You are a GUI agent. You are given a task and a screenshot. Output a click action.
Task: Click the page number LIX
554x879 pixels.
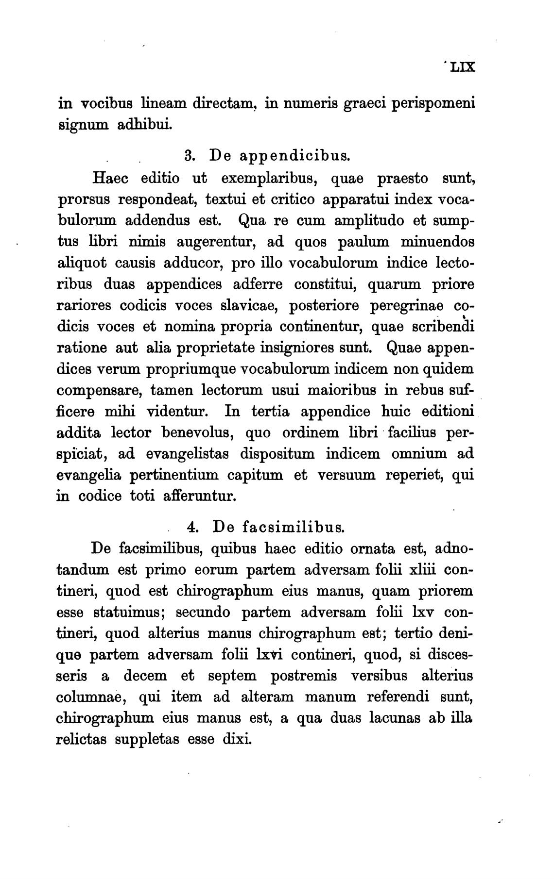462,67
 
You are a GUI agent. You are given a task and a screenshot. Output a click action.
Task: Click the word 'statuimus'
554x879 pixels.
128,612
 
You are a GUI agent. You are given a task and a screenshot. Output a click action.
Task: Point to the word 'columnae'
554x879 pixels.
92,697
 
